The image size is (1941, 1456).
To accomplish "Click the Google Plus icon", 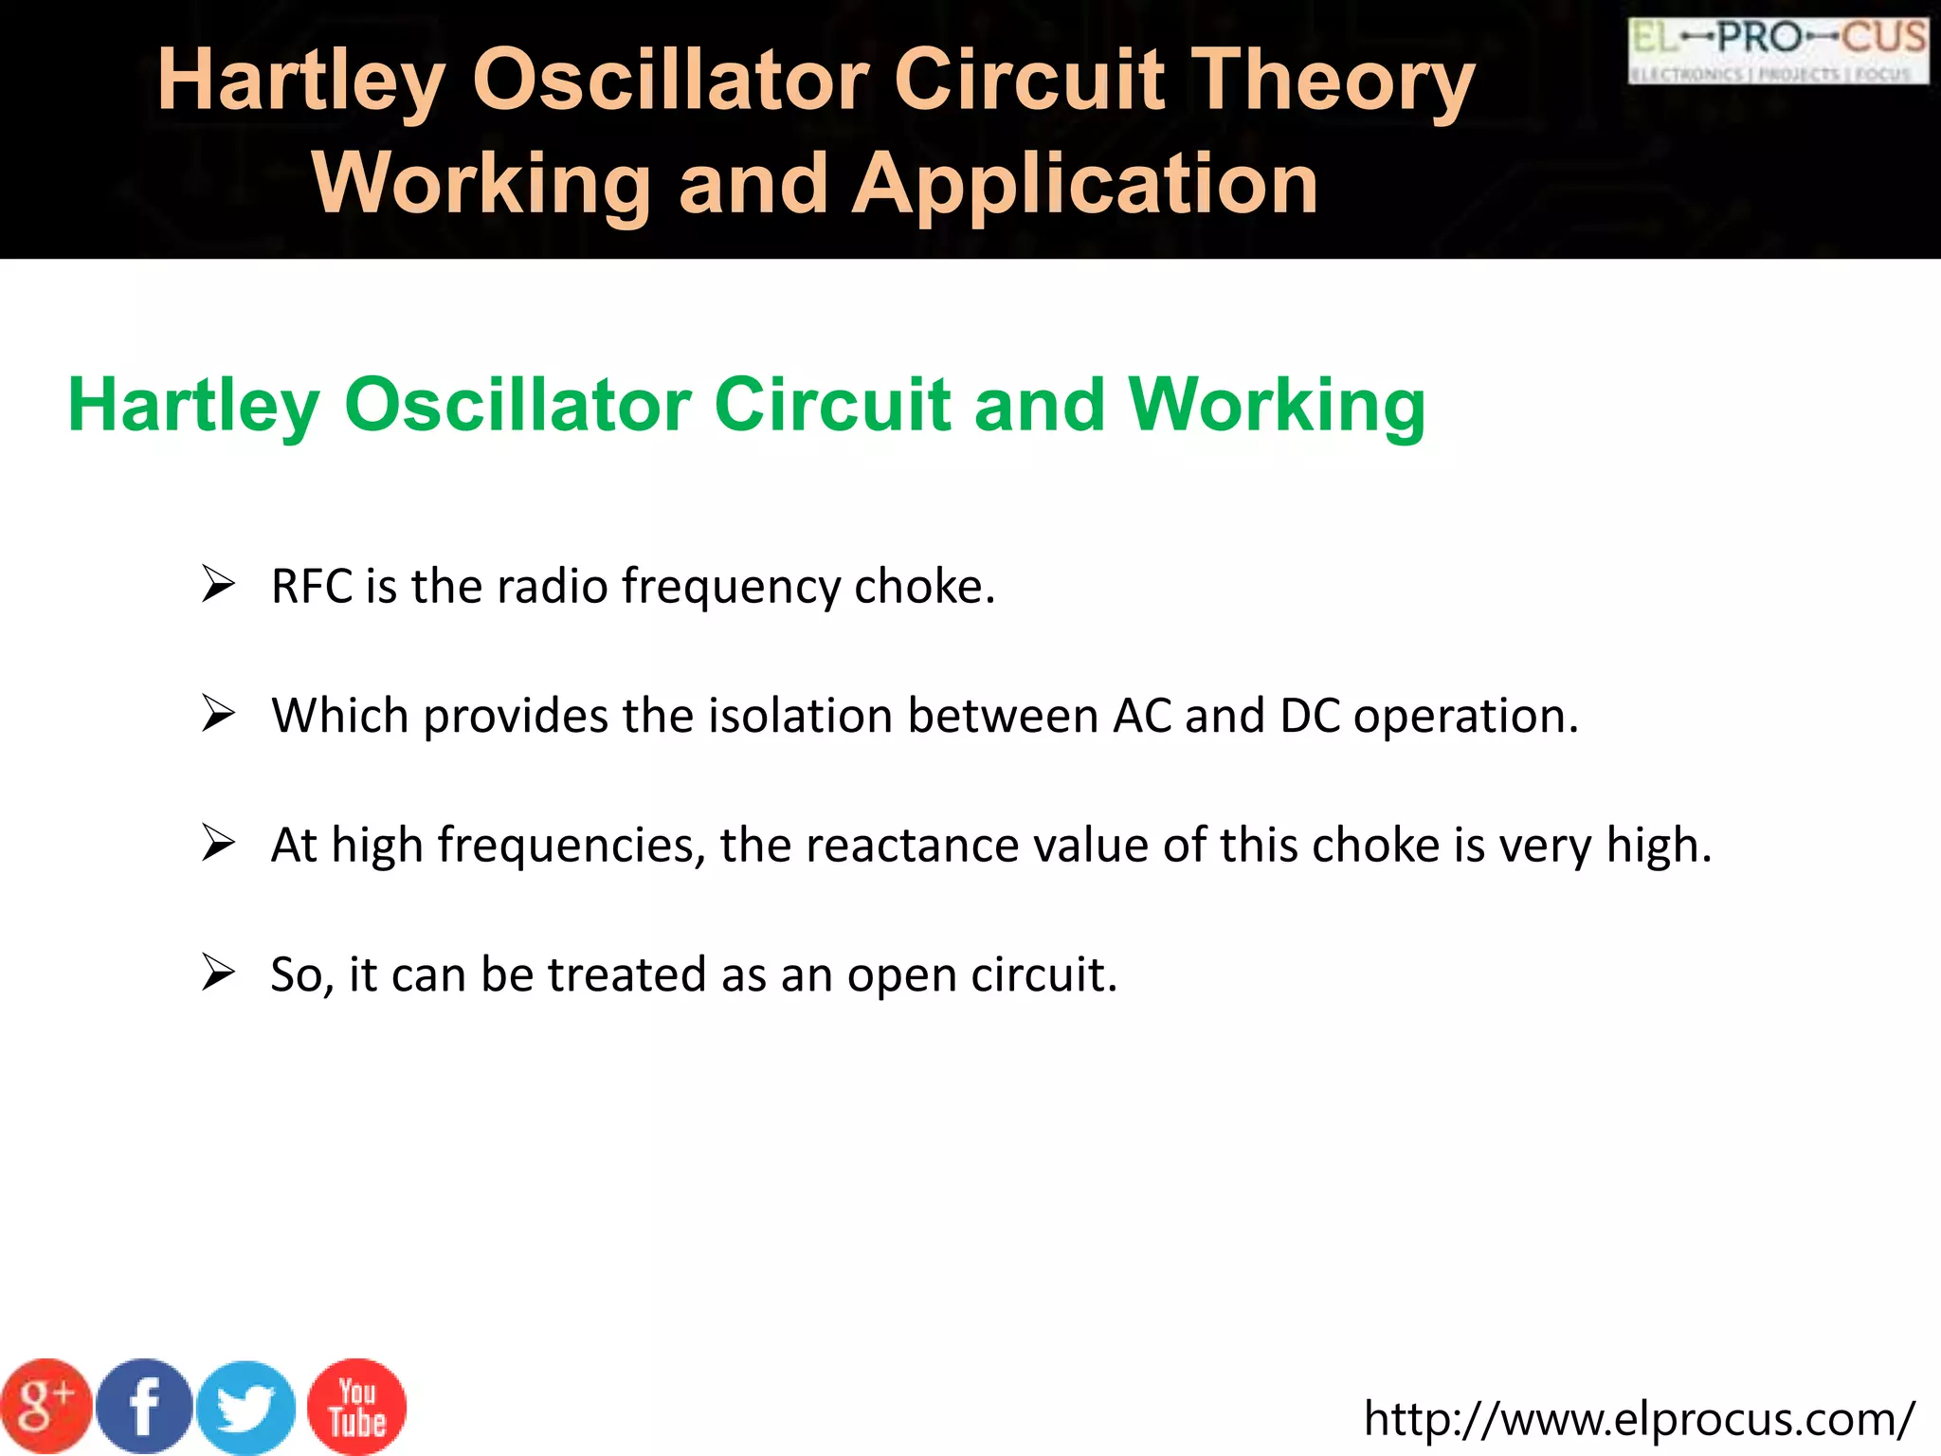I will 45,1407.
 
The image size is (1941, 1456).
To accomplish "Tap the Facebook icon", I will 144,1407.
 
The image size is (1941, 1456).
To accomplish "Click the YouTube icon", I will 357,1407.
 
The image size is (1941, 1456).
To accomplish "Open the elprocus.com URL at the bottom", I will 1639,1419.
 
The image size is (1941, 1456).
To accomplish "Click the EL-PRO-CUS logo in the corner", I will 1778,50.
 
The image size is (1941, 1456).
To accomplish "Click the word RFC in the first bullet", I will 311,587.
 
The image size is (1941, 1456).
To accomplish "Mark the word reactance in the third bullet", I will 911,846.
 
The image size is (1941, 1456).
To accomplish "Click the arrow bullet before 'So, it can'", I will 218,973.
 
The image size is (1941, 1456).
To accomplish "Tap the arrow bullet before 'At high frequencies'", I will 218,843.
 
